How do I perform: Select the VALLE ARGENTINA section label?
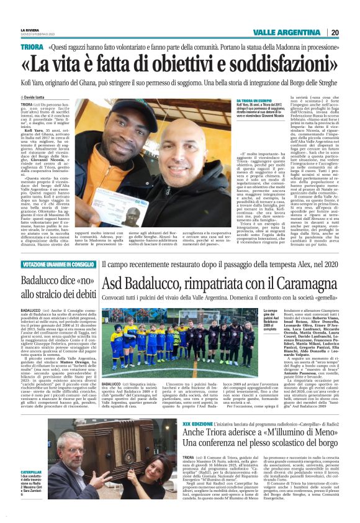[x=287, y=32]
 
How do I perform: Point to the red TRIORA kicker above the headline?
[x=32, y=47]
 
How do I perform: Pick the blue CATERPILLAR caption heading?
[x=31, y=472]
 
